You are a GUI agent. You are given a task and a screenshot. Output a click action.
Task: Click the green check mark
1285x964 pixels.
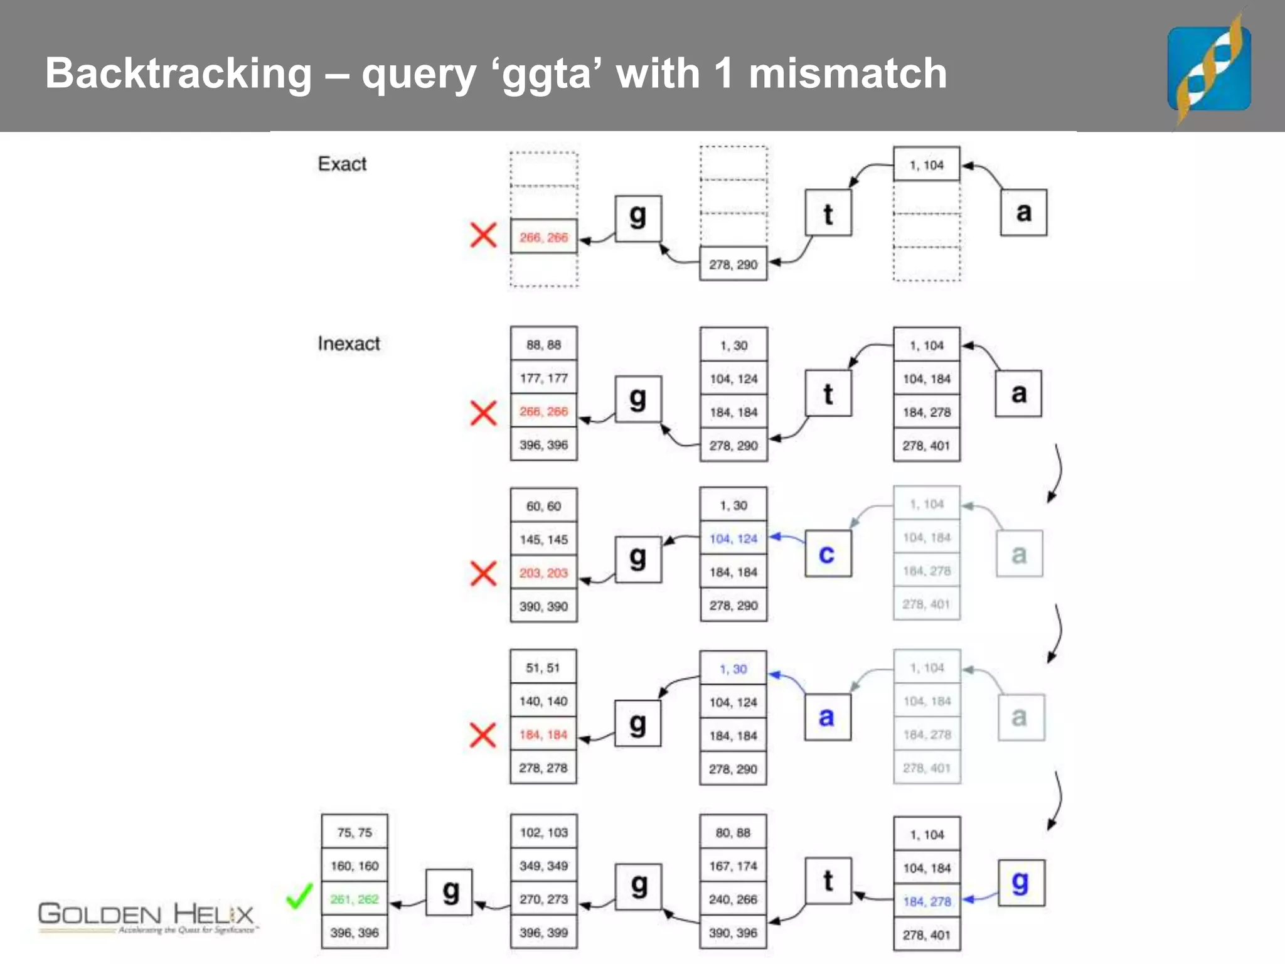point(299,896)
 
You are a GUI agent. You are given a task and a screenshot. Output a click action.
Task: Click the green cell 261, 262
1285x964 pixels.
point(355,899)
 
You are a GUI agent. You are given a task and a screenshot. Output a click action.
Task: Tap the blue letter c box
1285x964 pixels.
point(828,554)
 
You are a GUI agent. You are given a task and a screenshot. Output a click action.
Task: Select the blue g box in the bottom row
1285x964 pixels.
point(1021,883)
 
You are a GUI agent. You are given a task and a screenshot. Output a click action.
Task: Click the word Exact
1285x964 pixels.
point(342,164)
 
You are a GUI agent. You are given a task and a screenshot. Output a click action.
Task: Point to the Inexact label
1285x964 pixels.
point(349,344)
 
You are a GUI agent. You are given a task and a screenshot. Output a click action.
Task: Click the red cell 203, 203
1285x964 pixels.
point(543,573)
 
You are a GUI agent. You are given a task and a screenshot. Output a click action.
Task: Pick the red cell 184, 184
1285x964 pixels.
point(543,734)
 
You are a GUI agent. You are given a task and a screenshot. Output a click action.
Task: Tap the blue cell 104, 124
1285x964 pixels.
point(733,538)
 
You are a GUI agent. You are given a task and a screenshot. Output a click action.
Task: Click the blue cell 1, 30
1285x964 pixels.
point(733,669)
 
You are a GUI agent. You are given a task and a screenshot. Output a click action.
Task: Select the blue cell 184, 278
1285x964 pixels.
point(927,902)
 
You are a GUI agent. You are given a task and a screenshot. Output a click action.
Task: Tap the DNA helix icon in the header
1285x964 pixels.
point(1208,68)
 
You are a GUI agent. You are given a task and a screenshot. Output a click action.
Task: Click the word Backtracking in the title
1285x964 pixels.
point(178,74)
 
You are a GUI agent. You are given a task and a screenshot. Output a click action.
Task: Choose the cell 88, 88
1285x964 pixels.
point(543,345)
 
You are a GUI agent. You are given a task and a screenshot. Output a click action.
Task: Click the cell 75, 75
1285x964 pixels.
point(355,832)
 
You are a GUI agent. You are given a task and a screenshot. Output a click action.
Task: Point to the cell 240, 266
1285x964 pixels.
point(733,899)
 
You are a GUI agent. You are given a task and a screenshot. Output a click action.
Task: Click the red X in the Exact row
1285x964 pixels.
point(483,235)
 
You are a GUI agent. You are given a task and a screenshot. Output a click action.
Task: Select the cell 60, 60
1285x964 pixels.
point(543,506)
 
